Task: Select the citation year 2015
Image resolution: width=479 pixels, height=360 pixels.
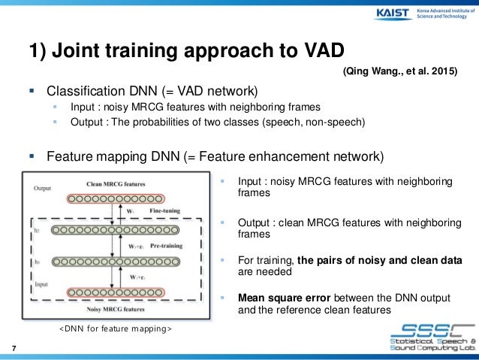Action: [x=441, y=71]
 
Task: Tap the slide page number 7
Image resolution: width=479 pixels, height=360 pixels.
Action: [x=14, y=347]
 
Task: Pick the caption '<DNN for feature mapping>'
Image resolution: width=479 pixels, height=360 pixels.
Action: [x=115, y=329]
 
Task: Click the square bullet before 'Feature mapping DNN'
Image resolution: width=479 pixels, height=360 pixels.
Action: [x=32, y=157]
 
